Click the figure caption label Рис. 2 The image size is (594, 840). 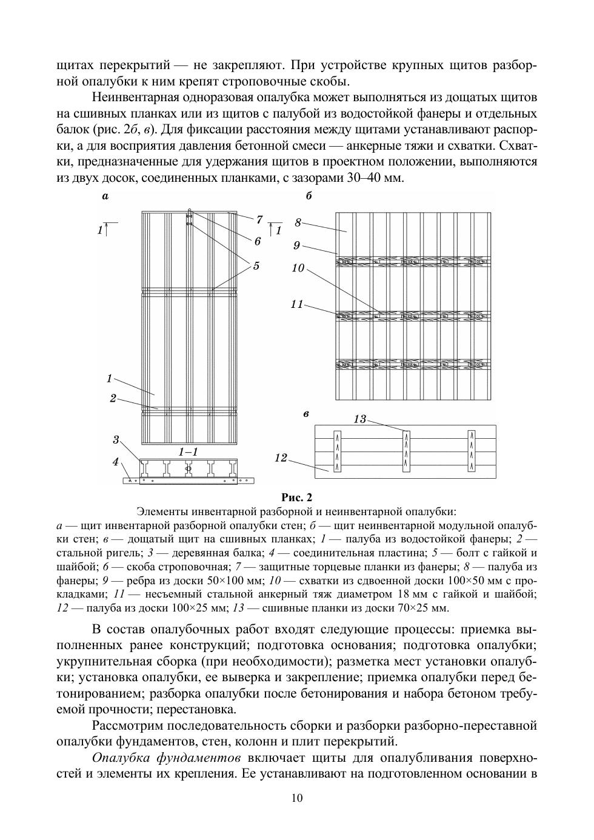point(296,498)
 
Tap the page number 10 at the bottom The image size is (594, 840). point(296,798)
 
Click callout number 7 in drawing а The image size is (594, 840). point(259,219)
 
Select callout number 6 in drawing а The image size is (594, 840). point(258,241)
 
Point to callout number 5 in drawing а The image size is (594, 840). point(256,265)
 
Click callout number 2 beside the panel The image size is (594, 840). point(113,398)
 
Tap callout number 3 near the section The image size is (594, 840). point(116,439)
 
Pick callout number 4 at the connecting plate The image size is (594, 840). point(116,462)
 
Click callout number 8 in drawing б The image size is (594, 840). point(298,222)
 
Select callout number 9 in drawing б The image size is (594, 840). point(296,245)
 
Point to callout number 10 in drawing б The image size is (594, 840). point(298,267)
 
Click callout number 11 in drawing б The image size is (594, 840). point(296,304)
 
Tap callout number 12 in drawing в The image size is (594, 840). point(281,458)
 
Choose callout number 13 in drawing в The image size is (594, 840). point(359,419)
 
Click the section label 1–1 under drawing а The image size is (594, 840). point(189,452)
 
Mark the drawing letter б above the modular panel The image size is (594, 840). point(309,196)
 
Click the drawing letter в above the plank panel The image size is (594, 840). point(306,414)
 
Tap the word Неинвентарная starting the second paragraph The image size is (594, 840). point(131,98)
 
